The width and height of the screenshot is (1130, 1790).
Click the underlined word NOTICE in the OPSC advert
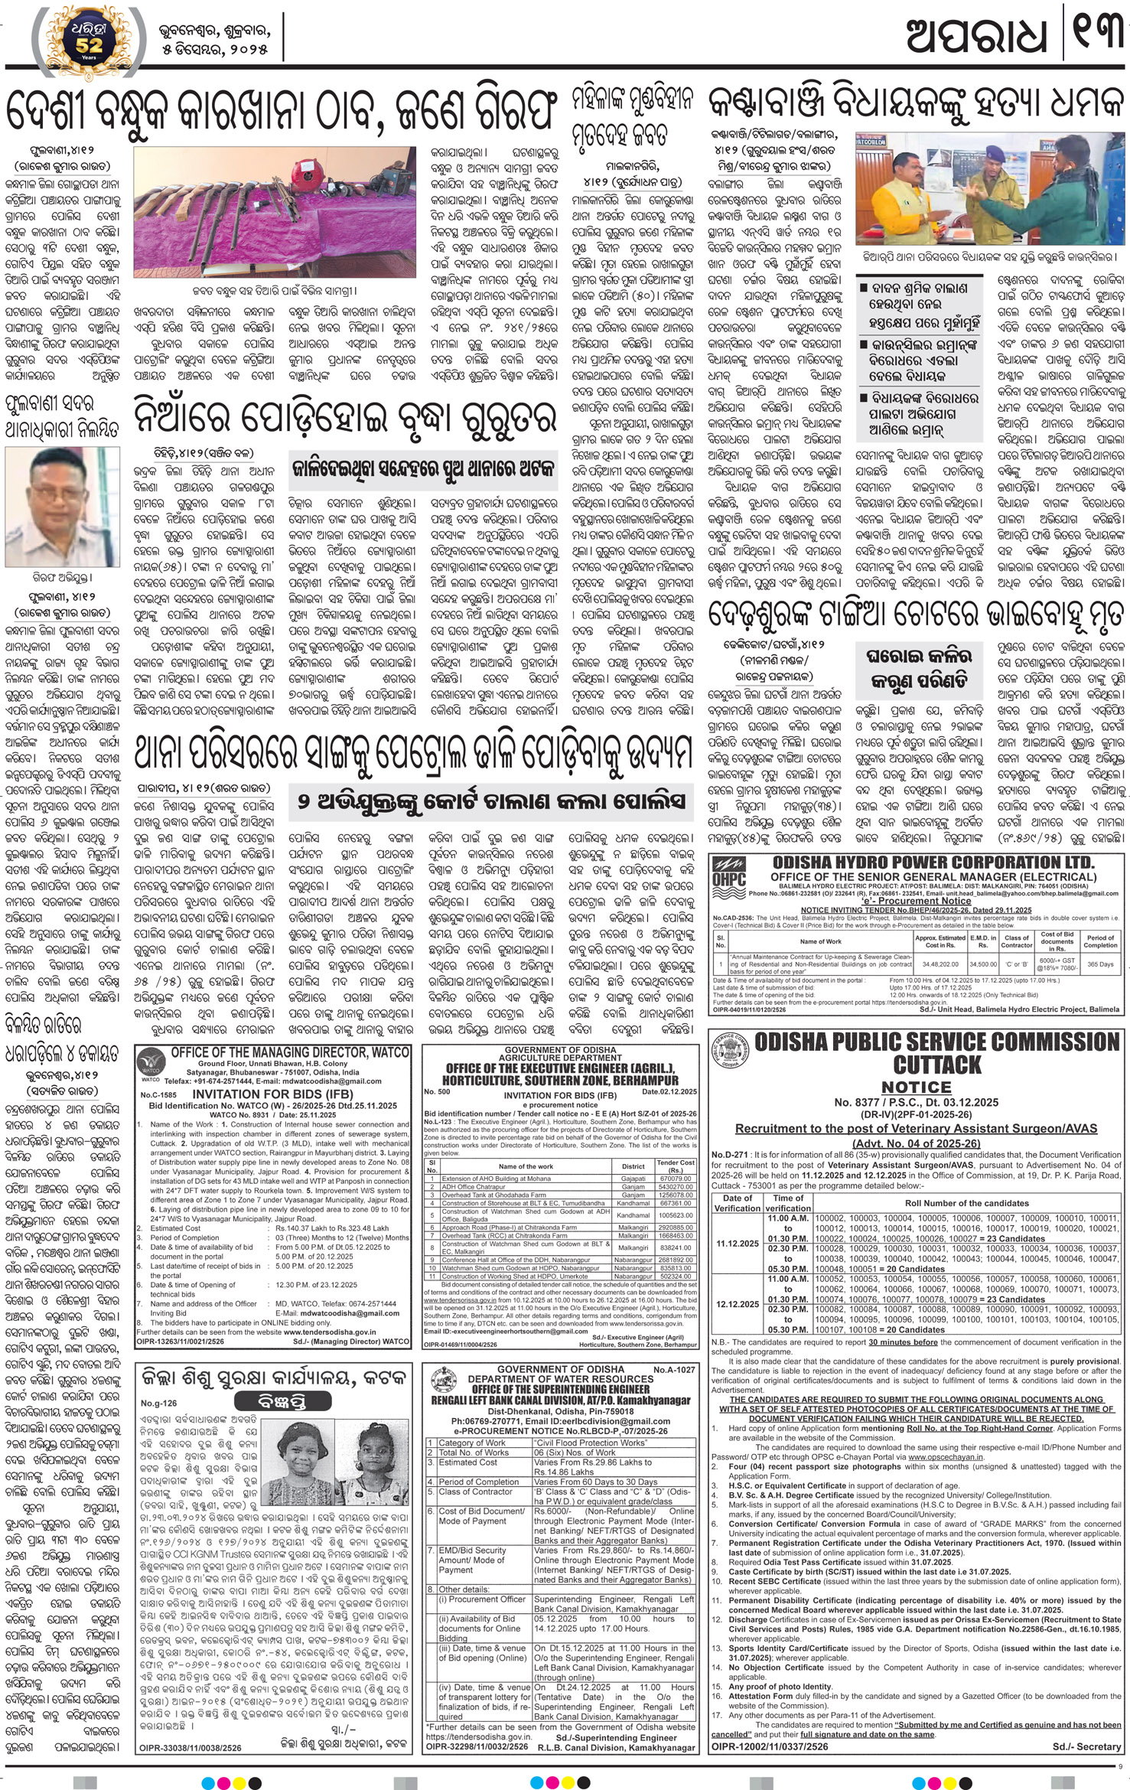[915, 1087]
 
